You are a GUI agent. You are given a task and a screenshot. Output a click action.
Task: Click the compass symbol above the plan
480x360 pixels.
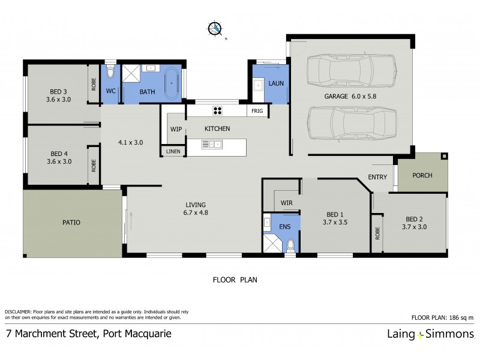tap(215, 28)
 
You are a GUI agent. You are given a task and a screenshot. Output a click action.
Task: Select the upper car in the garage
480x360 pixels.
tap(351, 71)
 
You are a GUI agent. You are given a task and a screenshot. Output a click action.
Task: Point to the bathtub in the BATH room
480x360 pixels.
tap(172, 79)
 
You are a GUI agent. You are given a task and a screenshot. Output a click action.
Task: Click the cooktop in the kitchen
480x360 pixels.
tap(217, 110)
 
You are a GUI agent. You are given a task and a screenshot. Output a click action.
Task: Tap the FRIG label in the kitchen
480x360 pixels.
tap(257, 111)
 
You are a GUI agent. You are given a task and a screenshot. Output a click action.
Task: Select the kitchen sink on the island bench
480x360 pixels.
tap(212, 143)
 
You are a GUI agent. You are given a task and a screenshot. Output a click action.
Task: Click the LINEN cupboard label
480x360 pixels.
tap(173, 152)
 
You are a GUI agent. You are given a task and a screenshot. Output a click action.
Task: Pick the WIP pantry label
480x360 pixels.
tap(176, 129)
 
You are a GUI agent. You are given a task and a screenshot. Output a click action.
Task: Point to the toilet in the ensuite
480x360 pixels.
tap(291, 245)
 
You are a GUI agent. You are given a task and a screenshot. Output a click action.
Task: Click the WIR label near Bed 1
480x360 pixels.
tap(286, 203)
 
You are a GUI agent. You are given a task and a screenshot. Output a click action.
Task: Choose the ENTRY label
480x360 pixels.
tap(377, 176)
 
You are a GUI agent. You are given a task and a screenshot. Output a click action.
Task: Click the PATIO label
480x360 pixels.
tap(71, 222)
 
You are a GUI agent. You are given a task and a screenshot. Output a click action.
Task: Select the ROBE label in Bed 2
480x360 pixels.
tap(377, 233)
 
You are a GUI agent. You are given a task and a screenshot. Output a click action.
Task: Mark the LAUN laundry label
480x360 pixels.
tap(276, 83)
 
